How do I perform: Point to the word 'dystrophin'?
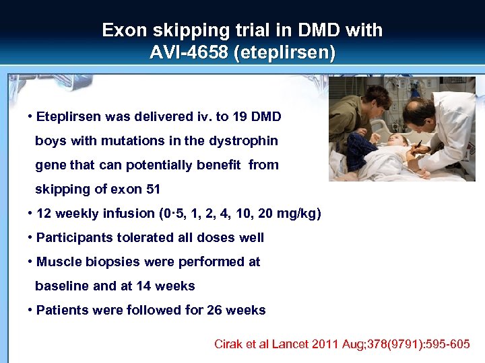[245, 140]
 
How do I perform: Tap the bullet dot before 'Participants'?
[31, 237]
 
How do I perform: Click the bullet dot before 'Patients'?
[31, 310]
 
